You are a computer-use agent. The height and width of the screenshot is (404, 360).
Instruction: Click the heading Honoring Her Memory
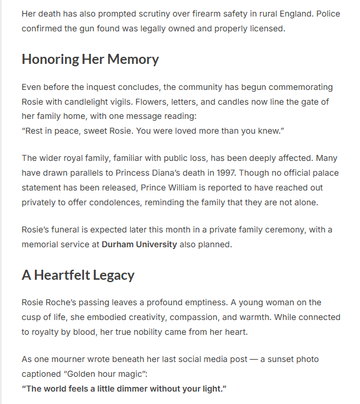(90, 59)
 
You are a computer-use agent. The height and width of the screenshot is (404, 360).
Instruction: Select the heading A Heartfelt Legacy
(78, 275)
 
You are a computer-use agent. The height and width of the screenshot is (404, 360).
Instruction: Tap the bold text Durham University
(139, 244)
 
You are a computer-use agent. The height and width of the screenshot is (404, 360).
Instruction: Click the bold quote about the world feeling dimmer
(124, 389)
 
